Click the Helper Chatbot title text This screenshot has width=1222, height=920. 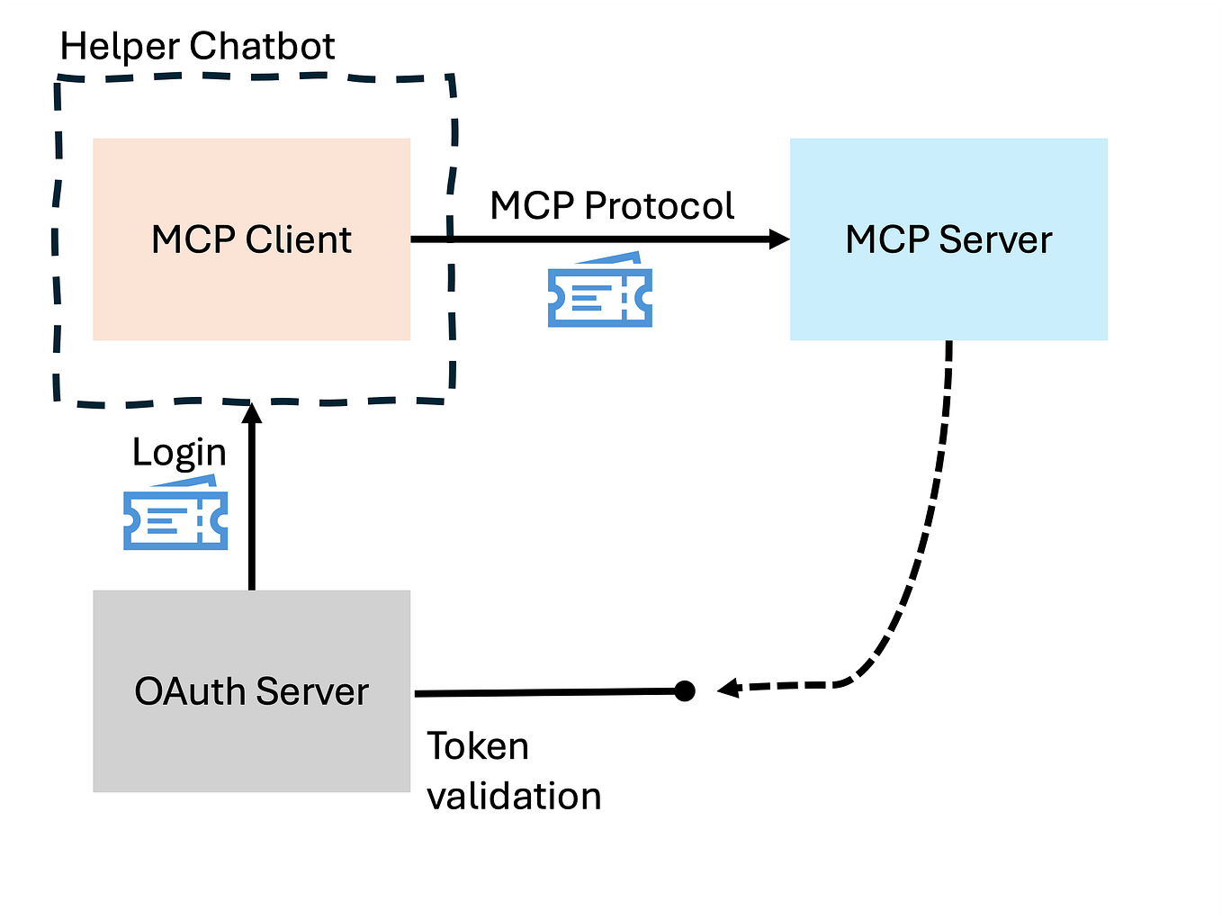[x=197, y=46]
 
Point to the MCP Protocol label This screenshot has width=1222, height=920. [x=612, y=206]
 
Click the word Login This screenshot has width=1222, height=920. [x=179, y=453]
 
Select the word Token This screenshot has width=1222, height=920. [x=477, y=746]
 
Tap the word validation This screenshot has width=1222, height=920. [x=514, y=797]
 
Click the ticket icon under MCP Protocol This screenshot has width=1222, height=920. [x=600, y=290]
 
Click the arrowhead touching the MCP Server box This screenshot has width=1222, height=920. [x=779, y=239]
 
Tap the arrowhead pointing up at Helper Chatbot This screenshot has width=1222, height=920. [x=252, y=412]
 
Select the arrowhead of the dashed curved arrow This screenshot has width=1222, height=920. [x=727, y=690]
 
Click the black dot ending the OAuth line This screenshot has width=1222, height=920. [x=685, y=691]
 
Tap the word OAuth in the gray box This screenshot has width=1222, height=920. [x=190, y=692]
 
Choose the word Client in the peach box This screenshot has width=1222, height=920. [x=298, y=240]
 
